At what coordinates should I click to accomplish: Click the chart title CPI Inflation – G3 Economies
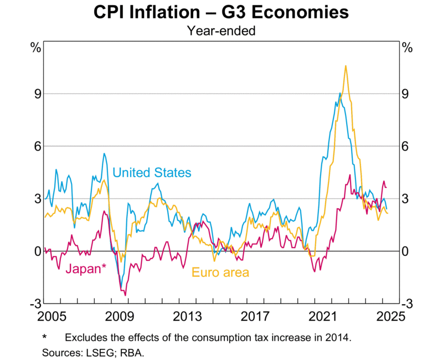click(221, 12)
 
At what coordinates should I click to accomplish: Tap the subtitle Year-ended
click(221, 31)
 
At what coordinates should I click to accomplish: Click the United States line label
click(152, 173)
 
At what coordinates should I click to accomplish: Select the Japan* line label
click(86, 269)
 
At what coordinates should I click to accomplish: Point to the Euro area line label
click(220, 272)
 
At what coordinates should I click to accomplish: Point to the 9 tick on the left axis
click(37, 94)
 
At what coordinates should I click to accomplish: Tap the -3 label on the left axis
click(35, 304)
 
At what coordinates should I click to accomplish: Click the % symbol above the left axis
click(36, 48)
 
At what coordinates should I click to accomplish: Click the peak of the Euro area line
click(346, 66)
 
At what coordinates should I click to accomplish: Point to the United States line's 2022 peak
click(339, 94)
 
